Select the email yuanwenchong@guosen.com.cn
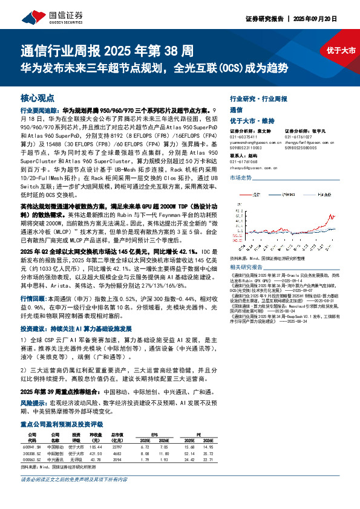tap(254, 142)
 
